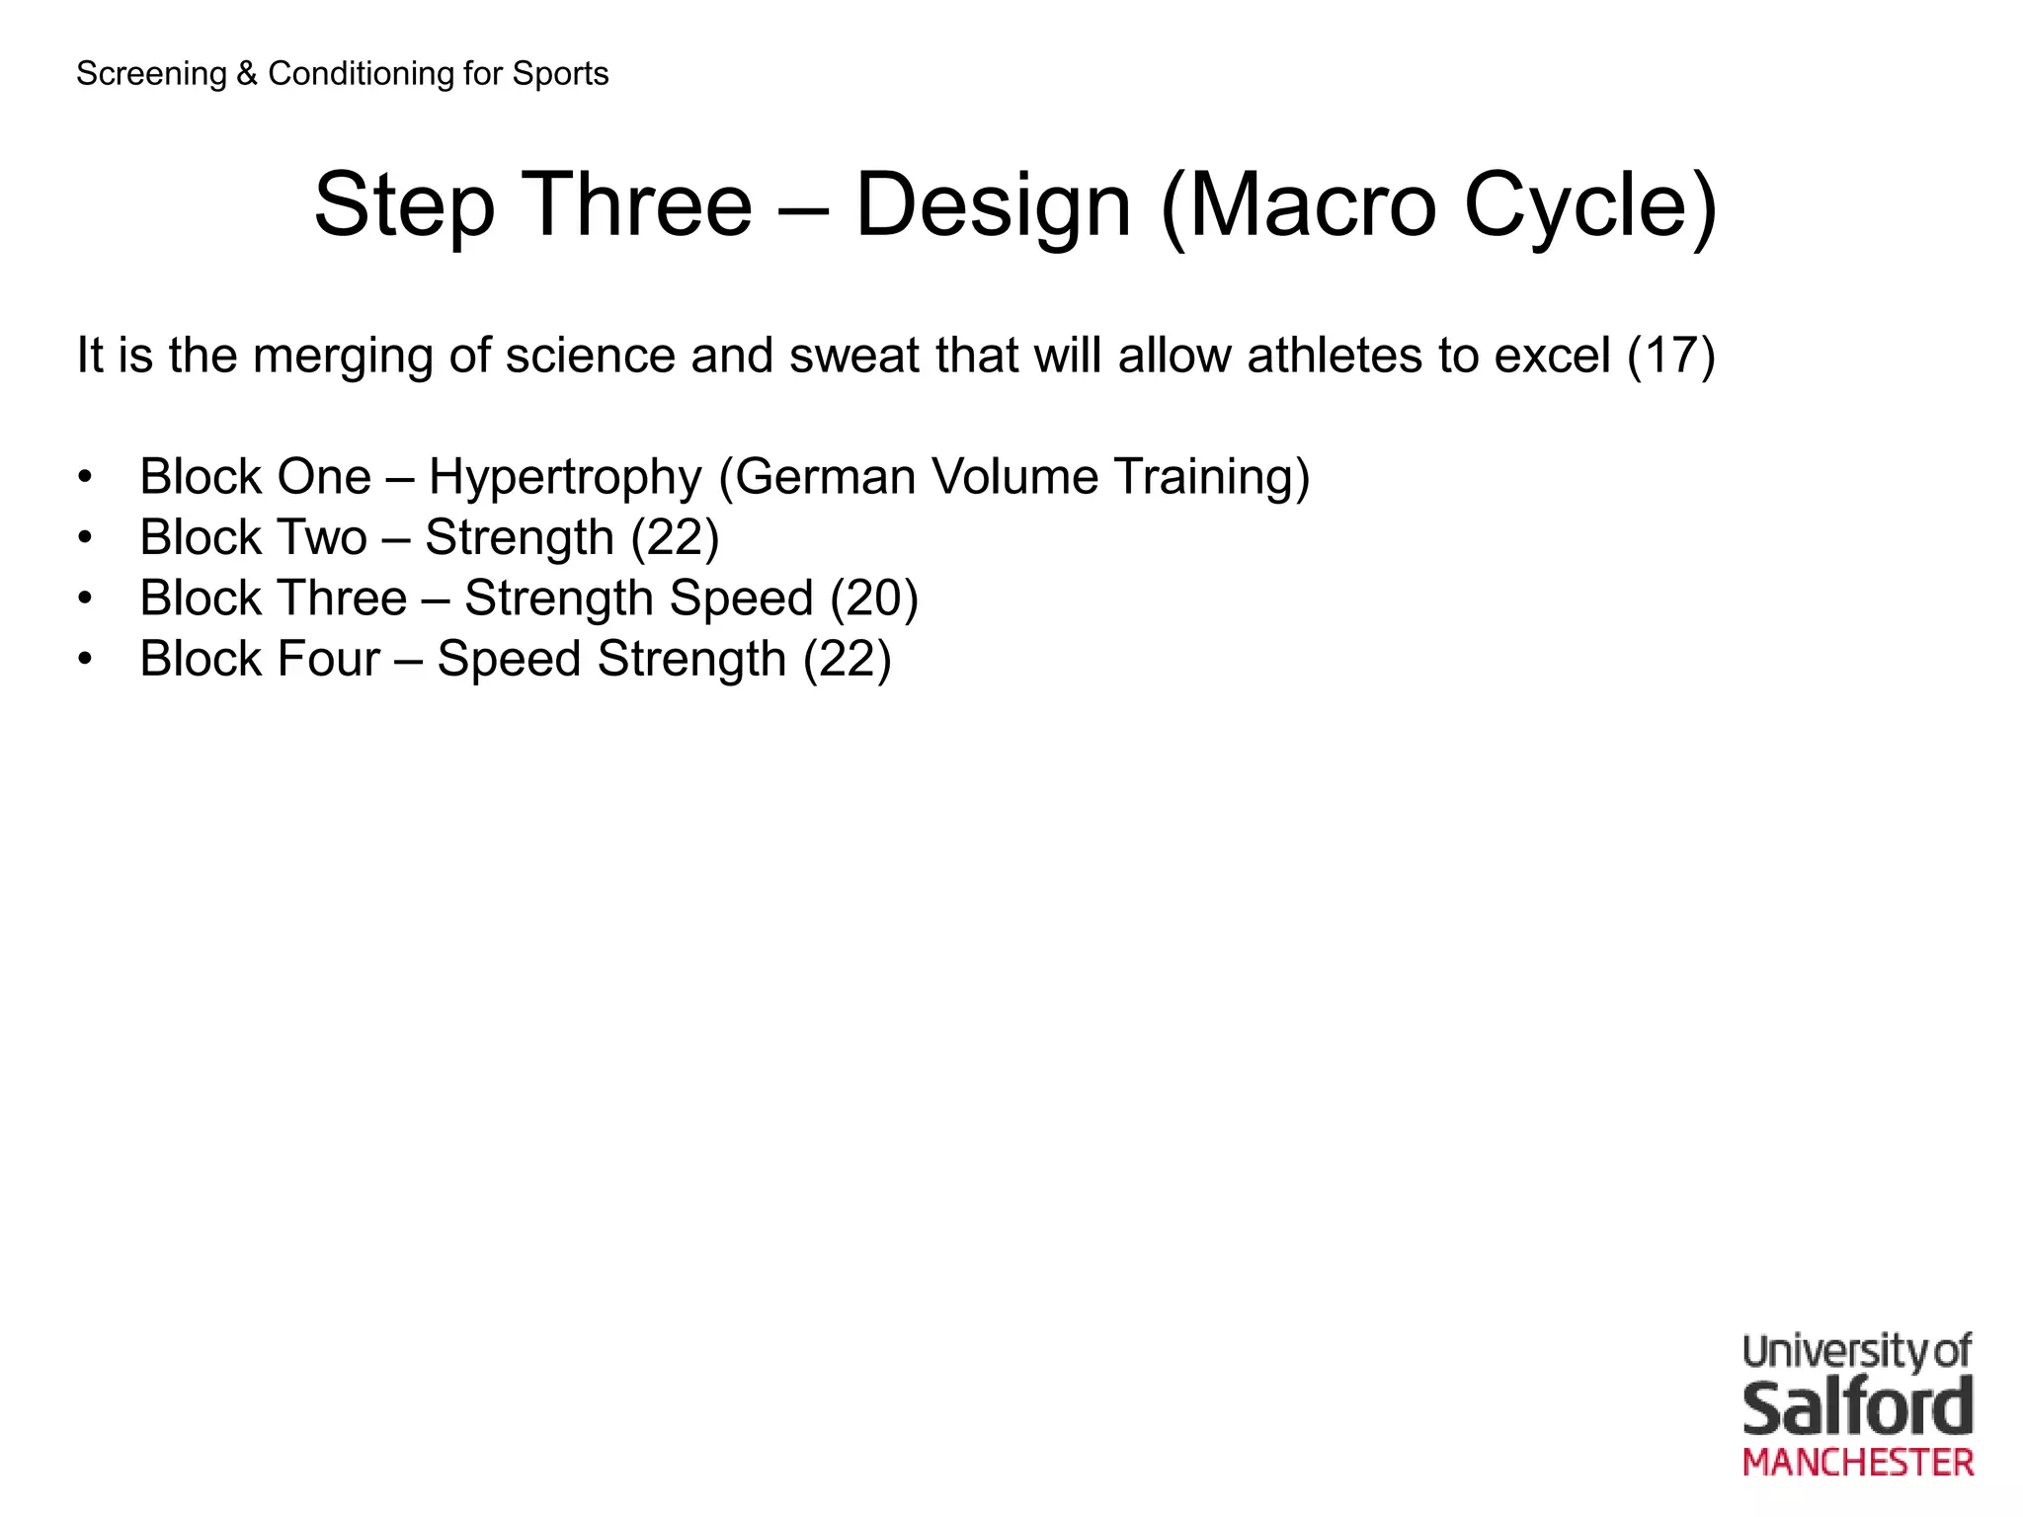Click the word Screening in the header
(151, 74)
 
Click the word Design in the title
(992, 205)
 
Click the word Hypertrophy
(565, 478)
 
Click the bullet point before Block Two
(86, 538)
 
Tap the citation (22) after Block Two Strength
(675, 538)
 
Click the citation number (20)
(874, 599)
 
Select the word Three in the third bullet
(343, 599)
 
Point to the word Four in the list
(328, 660)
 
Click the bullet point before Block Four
(86, 660)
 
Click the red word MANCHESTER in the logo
(1858, 1463)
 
